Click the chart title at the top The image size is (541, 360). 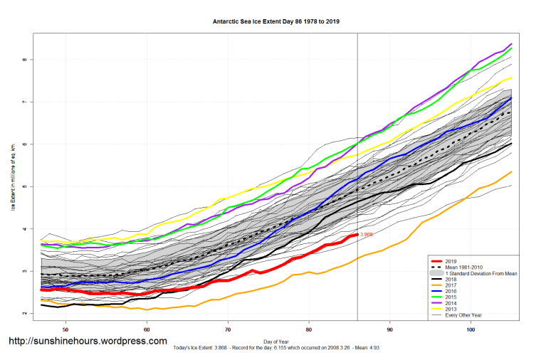tap(276, 21)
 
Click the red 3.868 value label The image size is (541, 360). tap(367, 234)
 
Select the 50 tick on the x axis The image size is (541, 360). tap(65, 330)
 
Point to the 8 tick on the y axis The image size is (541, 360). tap(25, 60)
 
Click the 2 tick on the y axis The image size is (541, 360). tap(25, 314)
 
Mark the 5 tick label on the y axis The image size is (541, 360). tap(25, 186)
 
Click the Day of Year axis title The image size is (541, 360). tap(275, 341)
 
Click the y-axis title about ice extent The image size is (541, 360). tap(13, 186)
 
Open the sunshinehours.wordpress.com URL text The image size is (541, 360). tap(88, 342)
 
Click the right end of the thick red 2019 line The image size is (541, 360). tap(357, 234)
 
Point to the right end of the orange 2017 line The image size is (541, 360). tap(511, 171)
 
